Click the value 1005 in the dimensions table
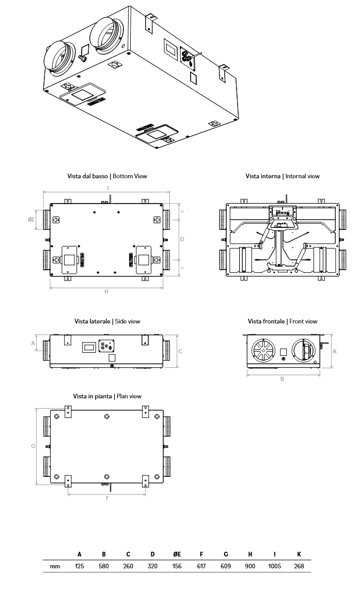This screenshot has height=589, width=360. tap(274, 566)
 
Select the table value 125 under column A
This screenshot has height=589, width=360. tap(80, 566)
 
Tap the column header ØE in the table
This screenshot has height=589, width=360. tap(177, 554)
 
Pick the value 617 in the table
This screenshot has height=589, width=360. tap(201, 566)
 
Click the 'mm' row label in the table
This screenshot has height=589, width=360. tap(55, 566)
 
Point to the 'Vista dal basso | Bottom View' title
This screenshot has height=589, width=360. tap(107, 176)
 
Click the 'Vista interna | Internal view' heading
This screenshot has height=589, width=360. tap(283, 176)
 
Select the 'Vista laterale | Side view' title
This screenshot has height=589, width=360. tap(107, 321)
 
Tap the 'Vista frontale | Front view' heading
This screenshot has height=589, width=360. tap(283, 321)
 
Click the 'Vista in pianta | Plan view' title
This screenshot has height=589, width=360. tap(107, 396)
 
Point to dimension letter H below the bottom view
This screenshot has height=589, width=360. tap(106, 291)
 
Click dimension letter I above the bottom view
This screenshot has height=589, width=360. tap(107, 188)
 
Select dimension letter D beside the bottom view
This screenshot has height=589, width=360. tap(182, 239)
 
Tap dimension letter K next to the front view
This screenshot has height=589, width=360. tap(335, 351)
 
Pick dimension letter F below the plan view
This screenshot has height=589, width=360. tap(107, 498)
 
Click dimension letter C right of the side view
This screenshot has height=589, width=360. tap(180, 351)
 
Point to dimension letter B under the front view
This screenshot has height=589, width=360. tap(282, 379)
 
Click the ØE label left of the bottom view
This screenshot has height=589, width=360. tap(32, 220)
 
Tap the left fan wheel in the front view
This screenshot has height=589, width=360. tap(264, 352)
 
